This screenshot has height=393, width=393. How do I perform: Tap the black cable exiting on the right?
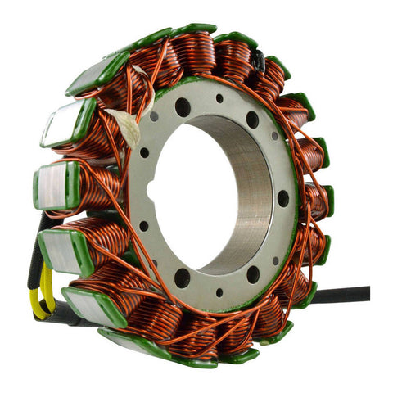click(x=344, y=295)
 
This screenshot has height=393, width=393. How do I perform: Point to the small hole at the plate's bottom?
click(x=219, y=292)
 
